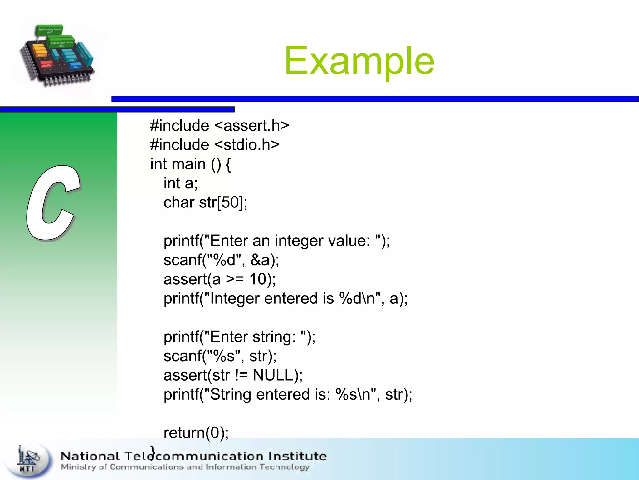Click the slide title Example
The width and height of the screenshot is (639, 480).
click(x=359, y=61)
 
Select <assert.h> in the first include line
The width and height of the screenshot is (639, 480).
click(x=251, y=126)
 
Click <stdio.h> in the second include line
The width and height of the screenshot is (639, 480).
click(x=247, y=145)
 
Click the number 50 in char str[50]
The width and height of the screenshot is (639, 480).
click(x=230, y=202)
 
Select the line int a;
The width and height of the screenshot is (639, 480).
click(x=180, y=183)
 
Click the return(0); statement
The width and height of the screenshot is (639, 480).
click(x=196, y=433)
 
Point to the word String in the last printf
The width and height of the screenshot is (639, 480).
click(x=230, y=395)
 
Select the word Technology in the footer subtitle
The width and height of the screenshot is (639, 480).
click(x=284, y=467)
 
